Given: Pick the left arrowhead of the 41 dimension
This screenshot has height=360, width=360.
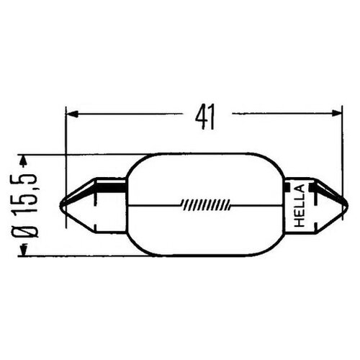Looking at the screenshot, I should click(71, 113).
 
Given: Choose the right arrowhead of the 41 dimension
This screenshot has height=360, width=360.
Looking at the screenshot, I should click(334, 113).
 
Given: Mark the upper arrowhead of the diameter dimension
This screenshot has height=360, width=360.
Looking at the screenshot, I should click(25, 158).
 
